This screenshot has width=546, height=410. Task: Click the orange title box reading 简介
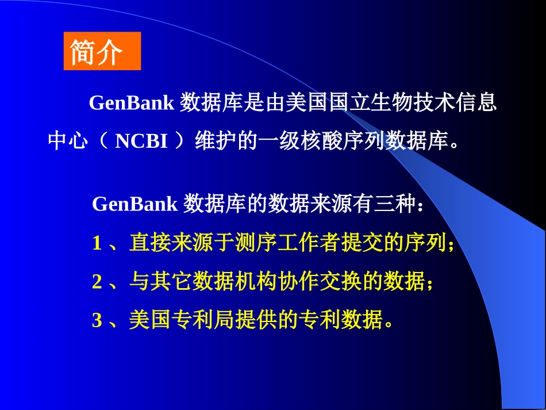click(102, 52)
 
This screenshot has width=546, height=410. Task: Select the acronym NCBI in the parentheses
click(141, 141)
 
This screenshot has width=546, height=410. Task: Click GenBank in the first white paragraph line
click(131, 104)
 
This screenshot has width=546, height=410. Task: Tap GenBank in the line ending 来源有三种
click(134, 204)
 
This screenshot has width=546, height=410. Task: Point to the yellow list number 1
click(97, 243)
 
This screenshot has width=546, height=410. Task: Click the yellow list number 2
click(97, 282)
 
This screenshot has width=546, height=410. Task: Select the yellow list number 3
click(97, 320)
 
